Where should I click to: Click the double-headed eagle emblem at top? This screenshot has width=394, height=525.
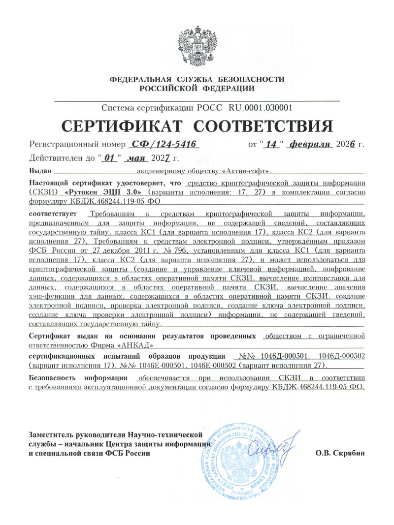tap(197, 45)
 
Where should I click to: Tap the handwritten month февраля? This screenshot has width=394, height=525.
tap(310, 144)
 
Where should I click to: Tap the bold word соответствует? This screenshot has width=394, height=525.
tap(53, 215)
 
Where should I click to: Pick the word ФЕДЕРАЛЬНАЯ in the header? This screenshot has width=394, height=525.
tap(140, 80)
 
